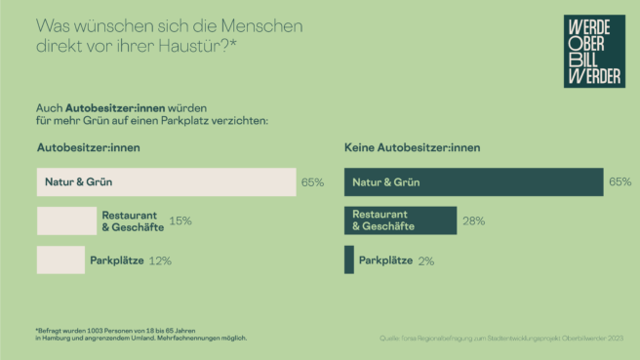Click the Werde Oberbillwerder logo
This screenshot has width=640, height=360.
(x=593, y=52)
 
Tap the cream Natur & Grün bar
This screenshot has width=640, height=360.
(x=166, y=182)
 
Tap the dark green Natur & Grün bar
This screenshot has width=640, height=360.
(x=473, y=182)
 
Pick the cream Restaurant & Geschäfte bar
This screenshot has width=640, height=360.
(x=66, y=220)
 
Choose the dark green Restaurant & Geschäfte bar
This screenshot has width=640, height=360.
(x=400, y=220)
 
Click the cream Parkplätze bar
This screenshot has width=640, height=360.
(x=60, y=260)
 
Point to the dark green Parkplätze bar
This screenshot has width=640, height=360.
(x=349, y=260)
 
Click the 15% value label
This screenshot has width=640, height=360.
(x=180, y=221)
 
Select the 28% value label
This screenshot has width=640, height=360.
(x=473, y=221)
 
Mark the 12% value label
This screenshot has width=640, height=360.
(x=160, y=260)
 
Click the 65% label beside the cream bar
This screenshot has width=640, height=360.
(x=312, y=182)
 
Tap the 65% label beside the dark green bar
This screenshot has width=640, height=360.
(x=620, y=182)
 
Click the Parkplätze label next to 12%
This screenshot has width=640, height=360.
(x=117, y=260)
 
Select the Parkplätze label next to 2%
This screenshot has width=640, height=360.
(x=385, y=260)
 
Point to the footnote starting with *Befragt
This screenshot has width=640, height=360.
(x=141, y=334)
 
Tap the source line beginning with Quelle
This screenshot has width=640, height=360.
(x=500, y=339)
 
